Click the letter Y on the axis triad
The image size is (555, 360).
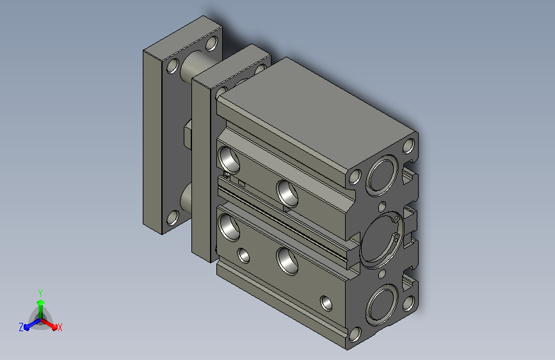click(x=40, y=293)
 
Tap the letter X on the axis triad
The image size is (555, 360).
click(x=60, y=327)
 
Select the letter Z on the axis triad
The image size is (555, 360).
click(x=21, y=327)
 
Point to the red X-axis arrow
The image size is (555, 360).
click(x=49, y=324)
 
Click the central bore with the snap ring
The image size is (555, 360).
click(x=381, y=241)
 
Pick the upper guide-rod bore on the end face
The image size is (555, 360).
click(x=382, y=176)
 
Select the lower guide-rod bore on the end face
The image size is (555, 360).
click(x=382, y=306)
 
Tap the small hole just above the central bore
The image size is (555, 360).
click(x=382, y=206)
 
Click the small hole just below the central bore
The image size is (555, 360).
click(x=382, y=274)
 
